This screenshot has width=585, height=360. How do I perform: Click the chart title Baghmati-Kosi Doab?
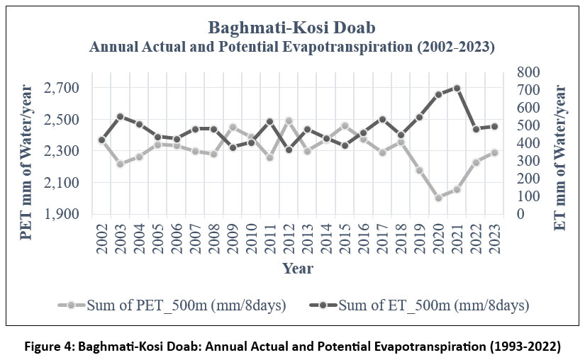[291, 28]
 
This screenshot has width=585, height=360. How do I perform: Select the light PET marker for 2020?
[438, 198]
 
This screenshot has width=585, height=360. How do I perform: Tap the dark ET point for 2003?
[121, 116]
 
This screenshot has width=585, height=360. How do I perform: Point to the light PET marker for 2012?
[269, 120]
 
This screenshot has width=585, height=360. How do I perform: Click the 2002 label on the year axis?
[102, 238]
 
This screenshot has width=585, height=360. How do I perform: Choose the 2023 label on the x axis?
[494, 238]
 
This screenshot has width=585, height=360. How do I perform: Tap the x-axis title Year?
[298, 269]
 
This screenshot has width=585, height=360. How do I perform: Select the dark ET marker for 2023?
[494, 126]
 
